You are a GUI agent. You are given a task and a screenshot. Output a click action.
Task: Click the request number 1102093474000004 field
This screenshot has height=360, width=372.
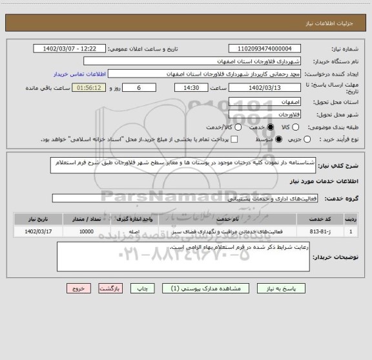[265, 49]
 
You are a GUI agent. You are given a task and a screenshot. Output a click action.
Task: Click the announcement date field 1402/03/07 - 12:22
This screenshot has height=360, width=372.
[69, 49]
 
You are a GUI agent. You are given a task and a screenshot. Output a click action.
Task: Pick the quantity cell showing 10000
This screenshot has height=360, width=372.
[86, 231]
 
